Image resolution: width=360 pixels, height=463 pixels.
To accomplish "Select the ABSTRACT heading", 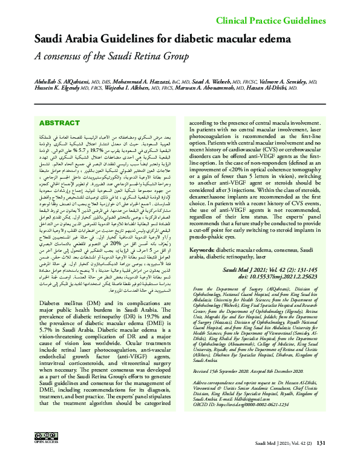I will (59, 123).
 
